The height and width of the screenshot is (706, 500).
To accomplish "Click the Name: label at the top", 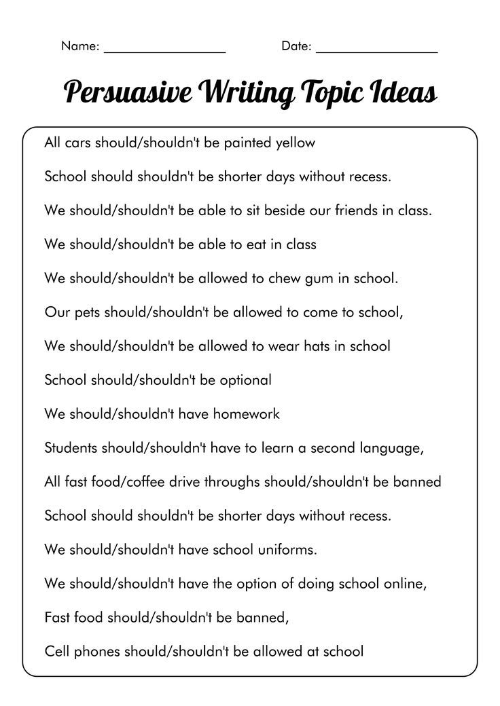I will [80, 46].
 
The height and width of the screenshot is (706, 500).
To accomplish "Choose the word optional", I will [245, 380].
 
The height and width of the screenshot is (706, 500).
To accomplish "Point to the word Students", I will [71, 448].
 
